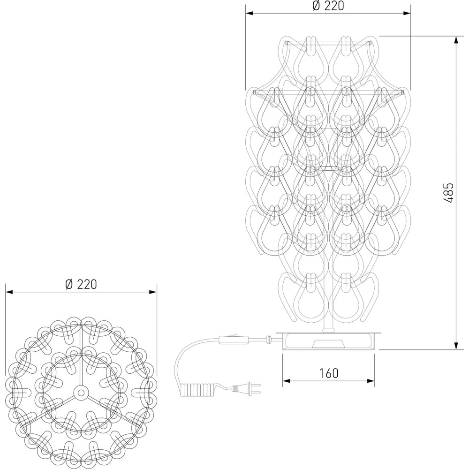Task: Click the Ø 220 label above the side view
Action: (328, 6)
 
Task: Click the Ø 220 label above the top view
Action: (81, 284)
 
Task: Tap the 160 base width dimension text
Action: (328, 373)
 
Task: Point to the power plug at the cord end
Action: (246, 388)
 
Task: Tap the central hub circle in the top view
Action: (80, 393)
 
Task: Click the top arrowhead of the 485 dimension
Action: (456, 40)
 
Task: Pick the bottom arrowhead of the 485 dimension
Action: (456, 345)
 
